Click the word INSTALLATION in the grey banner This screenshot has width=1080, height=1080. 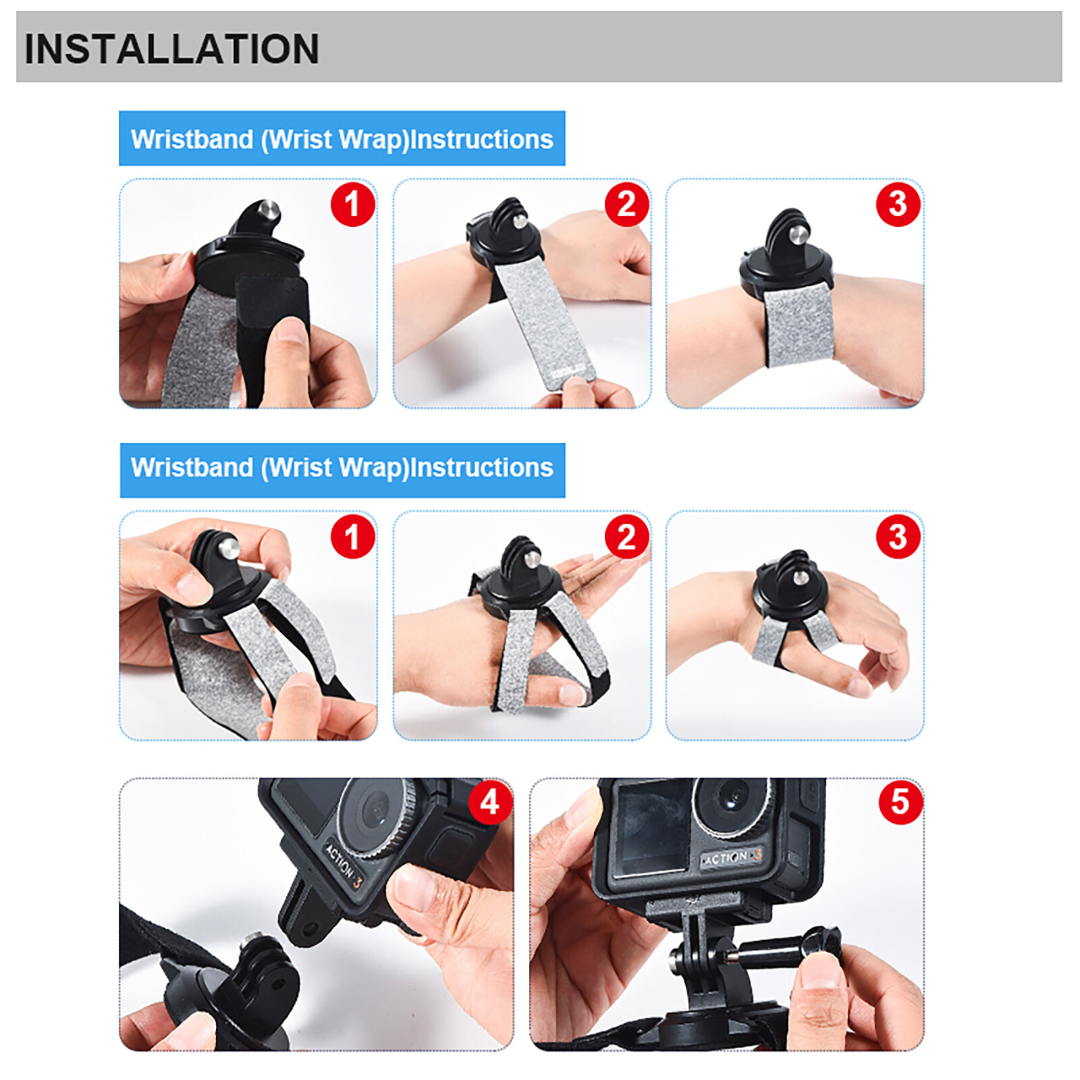(171, 49)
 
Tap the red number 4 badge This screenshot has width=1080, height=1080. (490, 802)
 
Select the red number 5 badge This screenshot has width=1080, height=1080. (900, 802)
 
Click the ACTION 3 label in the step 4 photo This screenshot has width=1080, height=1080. (344, 865)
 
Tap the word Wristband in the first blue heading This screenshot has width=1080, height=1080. (192, 139)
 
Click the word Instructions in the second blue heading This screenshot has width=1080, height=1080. (482, 468)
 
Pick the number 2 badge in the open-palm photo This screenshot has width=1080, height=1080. (626, 537)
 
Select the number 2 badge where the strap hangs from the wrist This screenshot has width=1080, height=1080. (626, 204)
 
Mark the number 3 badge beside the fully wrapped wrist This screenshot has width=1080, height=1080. (898, 204)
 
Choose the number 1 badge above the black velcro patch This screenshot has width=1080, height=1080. (352, 204)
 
